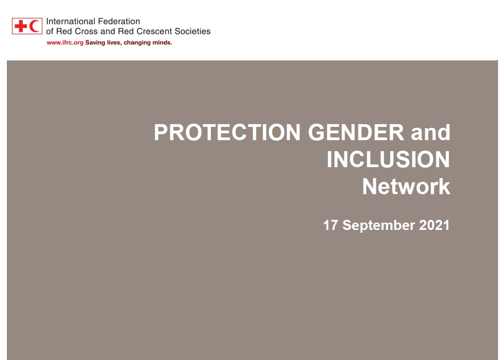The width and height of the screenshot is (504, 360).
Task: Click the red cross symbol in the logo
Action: coord(21,26)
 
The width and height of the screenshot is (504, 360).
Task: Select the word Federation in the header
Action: coord(119,22)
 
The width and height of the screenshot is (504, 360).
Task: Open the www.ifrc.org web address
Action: coord(65,43)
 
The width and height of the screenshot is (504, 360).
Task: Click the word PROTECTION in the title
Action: coord(227,132)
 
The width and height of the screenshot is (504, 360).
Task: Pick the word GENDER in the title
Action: coord(356,132)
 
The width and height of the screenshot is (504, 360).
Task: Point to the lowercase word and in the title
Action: coord(431,132)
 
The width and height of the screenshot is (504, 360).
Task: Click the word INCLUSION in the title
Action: coord(388,159)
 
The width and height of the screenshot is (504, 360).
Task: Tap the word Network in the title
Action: coord(406,186)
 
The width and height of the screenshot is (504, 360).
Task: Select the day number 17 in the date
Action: coord(331,225)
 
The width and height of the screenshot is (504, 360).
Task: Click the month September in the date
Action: coord(379,225)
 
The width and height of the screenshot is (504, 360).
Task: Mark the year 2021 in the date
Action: coord(434,225)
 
